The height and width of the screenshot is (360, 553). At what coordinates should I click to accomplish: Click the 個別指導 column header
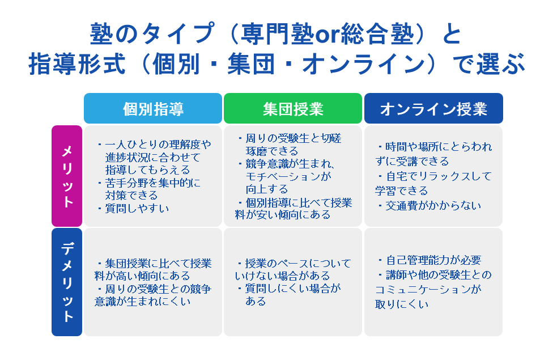pos(153,108)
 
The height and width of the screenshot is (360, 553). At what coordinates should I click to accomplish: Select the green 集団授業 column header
pos(293,108)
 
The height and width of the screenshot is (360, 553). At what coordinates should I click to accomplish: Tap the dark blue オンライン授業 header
pos(433,108)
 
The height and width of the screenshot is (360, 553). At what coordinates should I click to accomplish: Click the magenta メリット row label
pos(67,176)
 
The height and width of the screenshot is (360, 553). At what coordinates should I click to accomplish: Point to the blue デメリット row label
pos(67,282)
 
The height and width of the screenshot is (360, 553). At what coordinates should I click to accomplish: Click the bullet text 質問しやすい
pos(137,208)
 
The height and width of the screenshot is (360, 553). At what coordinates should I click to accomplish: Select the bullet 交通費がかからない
pos(433,205)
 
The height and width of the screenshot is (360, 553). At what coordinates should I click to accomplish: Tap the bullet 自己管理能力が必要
pos(433,260)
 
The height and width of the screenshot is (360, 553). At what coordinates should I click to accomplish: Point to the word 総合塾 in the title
pos(378,34)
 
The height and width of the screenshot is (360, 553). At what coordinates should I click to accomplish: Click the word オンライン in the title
pos(363,64)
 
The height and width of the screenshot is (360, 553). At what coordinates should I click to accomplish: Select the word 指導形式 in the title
pos(77,64)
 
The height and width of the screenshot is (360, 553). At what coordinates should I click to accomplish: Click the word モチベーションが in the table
pos(288,176)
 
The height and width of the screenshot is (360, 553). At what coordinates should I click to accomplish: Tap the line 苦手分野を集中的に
pos(153,183)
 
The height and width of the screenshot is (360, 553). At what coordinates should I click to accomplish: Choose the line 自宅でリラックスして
pos(439,176)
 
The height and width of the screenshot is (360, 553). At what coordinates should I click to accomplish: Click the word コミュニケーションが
pos(428,289)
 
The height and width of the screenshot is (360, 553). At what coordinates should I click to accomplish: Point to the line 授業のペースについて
pos(298,263)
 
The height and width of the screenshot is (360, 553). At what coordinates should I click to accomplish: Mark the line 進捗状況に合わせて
pos(153,157)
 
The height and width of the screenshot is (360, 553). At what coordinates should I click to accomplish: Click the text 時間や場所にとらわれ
pos(439,146)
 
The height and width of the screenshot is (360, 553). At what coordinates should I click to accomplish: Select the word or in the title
pos(327,35)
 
